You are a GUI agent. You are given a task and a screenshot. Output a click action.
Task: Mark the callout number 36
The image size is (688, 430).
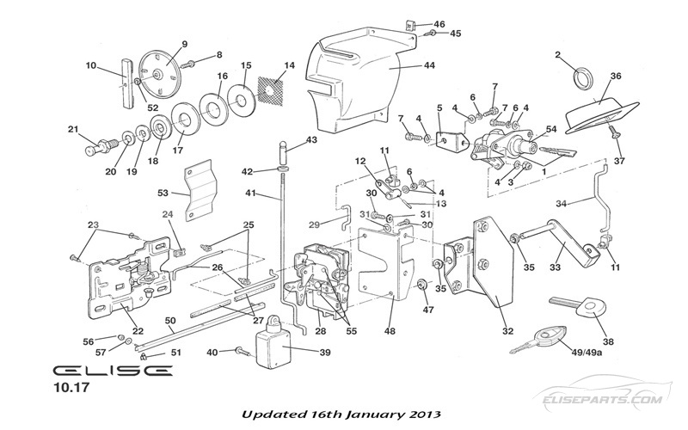[615, 77]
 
